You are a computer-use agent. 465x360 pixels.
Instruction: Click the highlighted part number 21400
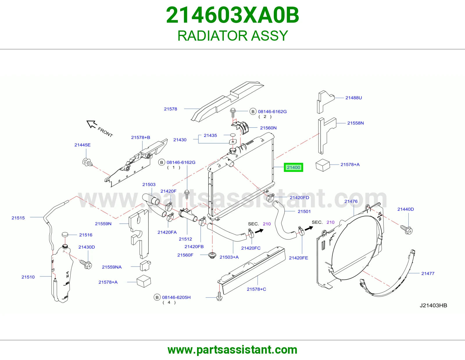(293, 168)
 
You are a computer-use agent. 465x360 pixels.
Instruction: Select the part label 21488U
(353, 98)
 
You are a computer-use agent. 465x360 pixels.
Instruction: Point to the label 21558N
(355, 123)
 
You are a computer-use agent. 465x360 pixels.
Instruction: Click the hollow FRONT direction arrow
(92, 124)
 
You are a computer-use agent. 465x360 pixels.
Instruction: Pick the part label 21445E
(82, 145)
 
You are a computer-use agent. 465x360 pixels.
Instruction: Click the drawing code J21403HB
(433, 305)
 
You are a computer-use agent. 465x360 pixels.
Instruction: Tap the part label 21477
(428, 273)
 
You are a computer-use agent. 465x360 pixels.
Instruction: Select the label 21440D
(405, 209)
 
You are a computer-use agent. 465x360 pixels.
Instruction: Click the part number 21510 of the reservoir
(28, 277)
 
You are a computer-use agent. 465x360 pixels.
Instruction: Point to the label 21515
(18, 218)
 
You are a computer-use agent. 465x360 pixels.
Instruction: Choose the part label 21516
(86, 235)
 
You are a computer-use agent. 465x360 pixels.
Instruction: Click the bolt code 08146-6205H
(176, 297)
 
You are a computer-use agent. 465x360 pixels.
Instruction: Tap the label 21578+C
(256, 289)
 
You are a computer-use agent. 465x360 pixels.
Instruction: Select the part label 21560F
(185, 255)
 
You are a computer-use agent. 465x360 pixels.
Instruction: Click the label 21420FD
(299, 197)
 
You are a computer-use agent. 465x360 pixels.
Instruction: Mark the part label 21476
(351, 201)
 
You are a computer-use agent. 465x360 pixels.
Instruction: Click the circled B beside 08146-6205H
(157, 297)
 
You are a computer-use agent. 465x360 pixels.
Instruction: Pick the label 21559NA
(112, 267)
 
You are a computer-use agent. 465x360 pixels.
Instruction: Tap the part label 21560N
(268, 128)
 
